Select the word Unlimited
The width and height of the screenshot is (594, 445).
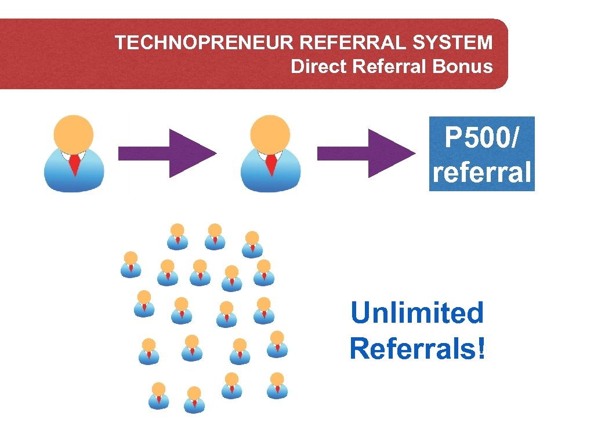pyautogui.click(x=416, y=313)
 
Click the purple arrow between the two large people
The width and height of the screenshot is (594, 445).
pyautogui.click(x=167, y=154)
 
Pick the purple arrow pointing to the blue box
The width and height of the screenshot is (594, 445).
pyautogui.click(x=365, y=154)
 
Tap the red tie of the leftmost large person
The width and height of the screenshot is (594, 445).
pyautogui.click(x=74, y=165)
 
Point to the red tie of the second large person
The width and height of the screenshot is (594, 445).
pyautogui.click(x=271, y=165)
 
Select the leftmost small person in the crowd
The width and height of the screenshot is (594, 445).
pyautogui.click(x=131, y=264)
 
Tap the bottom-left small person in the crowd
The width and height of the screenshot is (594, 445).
pyautogui.click(x=158, y=395)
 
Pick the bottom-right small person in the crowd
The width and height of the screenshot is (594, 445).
pyautogui.click(x=277, y=385)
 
